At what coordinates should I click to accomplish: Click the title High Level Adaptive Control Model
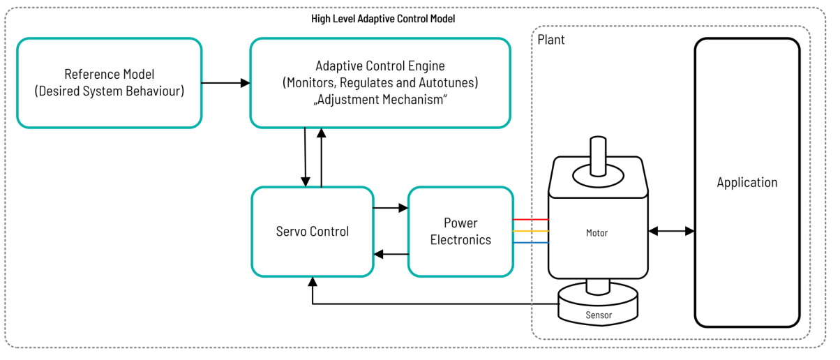[383, 19]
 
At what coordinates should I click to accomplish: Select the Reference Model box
[110, 83]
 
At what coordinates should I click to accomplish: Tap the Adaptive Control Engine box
[380, 83]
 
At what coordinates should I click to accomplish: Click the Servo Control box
[313, 231]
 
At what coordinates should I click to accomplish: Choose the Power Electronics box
[460, 231]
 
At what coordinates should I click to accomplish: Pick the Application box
[747, 183]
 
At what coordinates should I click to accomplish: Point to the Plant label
[551, 40]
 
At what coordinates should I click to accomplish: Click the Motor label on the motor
[597, 233]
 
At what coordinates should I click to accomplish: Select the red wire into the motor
[531, 220]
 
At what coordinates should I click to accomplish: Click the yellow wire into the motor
[531, 231]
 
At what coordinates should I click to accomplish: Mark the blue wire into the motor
[531, 243]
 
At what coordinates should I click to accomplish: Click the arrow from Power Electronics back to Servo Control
[391, 254]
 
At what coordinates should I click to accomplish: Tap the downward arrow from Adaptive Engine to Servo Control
[306, 157]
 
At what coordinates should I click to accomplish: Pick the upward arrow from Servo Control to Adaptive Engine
[321, 157]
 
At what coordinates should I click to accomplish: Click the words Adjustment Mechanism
[380, 100]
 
